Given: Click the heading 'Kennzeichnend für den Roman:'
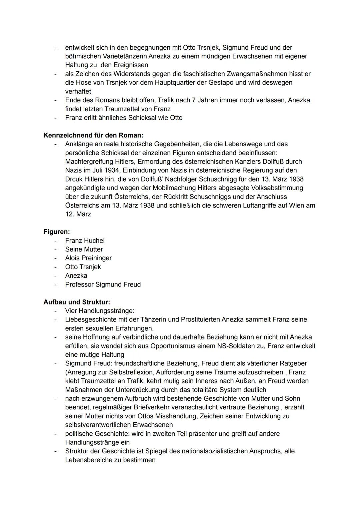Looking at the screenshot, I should coord(93,135).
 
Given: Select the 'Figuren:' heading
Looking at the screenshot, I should coord(57,232).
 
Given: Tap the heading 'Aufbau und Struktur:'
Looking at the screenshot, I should coord(77,302).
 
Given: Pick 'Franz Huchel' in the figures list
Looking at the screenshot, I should coord(85,241).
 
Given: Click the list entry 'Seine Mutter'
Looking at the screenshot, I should coord(84,249).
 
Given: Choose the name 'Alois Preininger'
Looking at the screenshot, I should coord(88,258).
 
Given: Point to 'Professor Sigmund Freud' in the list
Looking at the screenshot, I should coord(103,284).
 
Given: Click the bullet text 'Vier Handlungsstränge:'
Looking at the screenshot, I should coord(100,311).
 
